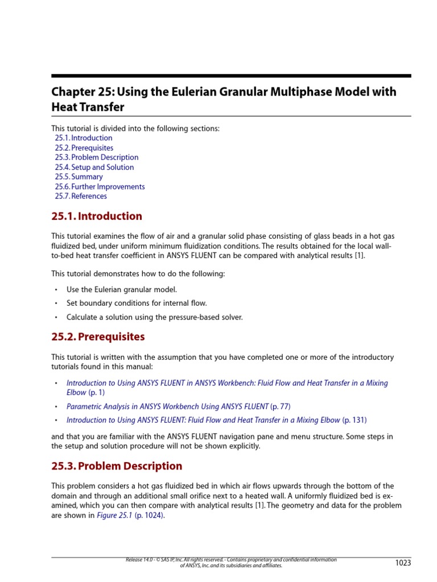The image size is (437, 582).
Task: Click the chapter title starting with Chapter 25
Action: (224, 99)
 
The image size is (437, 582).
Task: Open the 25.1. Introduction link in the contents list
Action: (84, 138)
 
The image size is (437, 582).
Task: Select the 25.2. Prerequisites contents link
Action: (84, 148)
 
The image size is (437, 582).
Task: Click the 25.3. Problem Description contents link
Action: (97, 157)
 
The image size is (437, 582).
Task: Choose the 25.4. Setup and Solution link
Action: (94, 167)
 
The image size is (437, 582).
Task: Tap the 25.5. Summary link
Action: (79, 177)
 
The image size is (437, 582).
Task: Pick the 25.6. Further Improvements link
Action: (100, 186)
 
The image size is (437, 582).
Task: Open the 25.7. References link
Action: (81, 196)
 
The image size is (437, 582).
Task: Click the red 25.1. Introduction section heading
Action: (97, 216)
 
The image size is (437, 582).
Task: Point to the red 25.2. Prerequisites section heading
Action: (98, 336)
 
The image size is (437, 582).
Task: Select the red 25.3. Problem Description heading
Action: (117, 466)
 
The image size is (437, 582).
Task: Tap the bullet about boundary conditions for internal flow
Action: (137, 303)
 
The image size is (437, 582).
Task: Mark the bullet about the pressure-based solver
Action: (154, 317)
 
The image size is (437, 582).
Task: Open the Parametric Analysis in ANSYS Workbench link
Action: (167, 406)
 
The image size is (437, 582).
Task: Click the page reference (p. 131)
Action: (354, 420)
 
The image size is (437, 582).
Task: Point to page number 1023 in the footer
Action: (403, 563)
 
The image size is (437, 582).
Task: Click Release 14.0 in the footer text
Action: (137, 560)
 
